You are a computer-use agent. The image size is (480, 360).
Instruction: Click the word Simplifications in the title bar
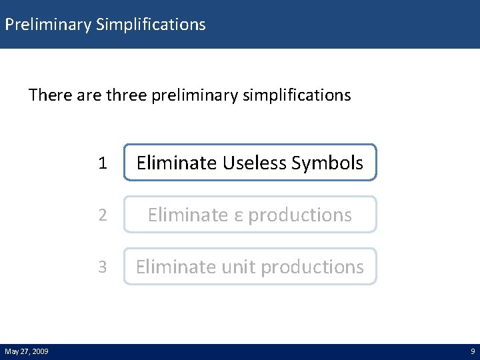(x=151, y=25)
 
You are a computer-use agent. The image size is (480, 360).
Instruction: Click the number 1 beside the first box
(x=102, y=163)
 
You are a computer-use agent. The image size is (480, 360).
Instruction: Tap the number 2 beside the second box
(x=102, y=215)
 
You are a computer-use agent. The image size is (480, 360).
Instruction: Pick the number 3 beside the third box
(x=102, y=267)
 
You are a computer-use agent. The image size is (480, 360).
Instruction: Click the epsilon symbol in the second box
(x=238, y=215)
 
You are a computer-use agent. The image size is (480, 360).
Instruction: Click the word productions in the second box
(x=300, y=215)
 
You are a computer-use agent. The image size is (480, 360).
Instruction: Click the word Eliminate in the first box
(x=177, y=163)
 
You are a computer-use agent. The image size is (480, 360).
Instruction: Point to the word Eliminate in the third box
(x=176, y=267)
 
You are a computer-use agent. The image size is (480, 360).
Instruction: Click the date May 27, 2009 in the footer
(x=26, y=351)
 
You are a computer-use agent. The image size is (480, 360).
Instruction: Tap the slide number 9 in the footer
(x=473, y=351)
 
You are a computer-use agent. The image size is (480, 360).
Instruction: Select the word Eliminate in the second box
(x=188, y=215)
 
